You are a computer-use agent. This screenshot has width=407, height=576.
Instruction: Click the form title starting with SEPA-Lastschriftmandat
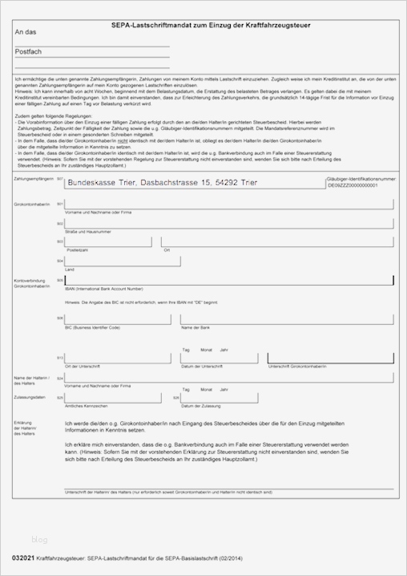210,26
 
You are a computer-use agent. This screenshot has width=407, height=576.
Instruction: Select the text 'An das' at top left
26,32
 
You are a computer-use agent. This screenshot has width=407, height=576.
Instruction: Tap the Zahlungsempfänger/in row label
34,178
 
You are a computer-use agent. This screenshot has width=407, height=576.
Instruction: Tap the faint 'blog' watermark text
40,539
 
